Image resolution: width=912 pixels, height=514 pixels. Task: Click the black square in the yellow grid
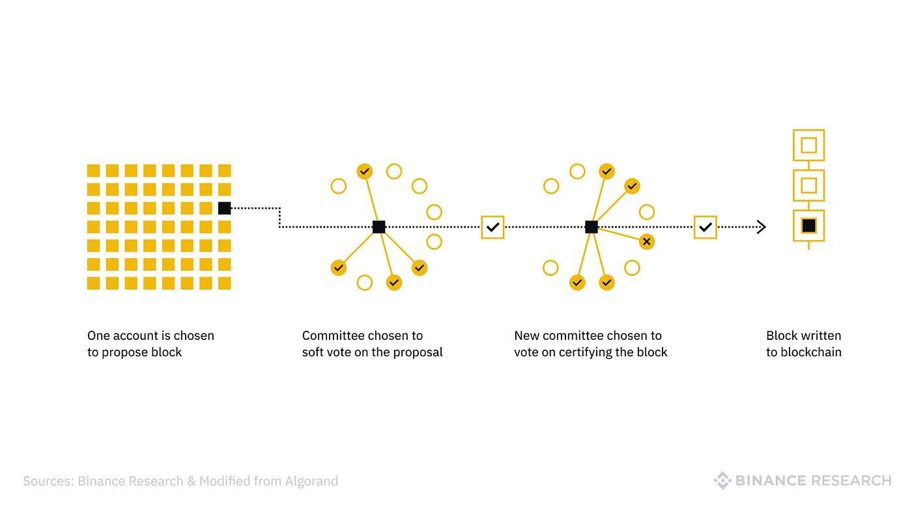point(224,208)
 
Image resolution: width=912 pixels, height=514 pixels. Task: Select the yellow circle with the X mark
point(646,242)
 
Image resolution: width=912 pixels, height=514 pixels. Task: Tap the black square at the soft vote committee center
point(378,226)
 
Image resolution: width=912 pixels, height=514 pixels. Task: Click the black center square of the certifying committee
point(591,226)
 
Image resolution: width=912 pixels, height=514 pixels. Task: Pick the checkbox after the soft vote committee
point(492,227)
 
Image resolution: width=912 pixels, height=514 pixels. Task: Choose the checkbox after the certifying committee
point(705,227)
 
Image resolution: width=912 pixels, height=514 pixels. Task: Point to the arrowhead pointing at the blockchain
point(762,227)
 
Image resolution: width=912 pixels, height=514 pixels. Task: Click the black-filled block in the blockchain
point(808,226)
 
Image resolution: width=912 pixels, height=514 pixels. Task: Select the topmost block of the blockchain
point(808,145)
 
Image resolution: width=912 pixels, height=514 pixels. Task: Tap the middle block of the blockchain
point(808,185)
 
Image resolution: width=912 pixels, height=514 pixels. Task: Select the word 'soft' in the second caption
point(313,352)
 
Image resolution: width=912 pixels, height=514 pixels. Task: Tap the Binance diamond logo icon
point(722,481)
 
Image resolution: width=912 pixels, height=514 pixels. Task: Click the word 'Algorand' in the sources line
point(311,481)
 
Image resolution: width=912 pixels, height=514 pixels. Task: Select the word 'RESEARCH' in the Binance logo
point(851,481)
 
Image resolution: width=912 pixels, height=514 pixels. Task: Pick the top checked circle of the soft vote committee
point(364,171)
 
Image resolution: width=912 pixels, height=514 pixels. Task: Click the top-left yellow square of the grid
point(93,171)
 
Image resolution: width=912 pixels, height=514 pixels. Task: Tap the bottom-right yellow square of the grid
point(224,283)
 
